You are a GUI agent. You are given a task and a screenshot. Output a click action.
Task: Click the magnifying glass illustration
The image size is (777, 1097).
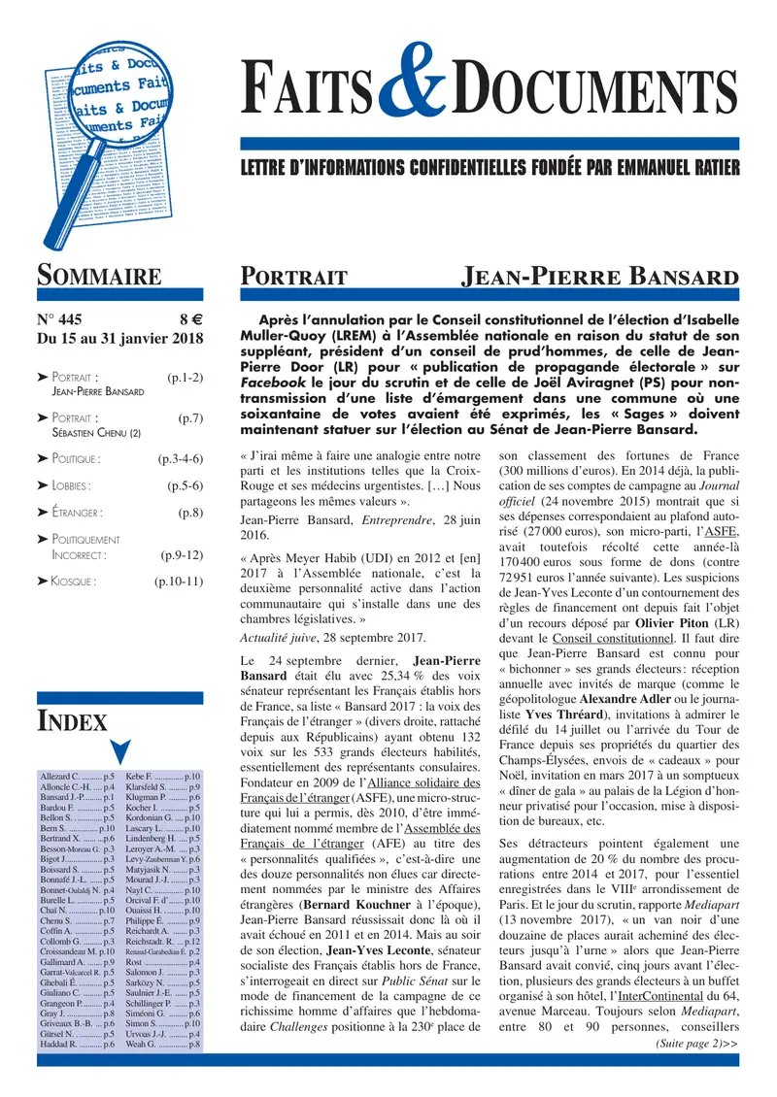point(97,136)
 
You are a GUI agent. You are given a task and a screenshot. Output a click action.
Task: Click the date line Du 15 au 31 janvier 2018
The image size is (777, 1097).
point(119,339)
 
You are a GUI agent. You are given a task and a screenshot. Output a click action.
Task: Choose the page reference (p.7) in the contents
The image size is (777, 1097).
point(190,417)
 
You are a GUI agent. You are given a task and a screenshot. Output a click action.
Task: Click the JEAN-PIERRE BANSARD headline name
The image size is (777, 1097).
point(598,277)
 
